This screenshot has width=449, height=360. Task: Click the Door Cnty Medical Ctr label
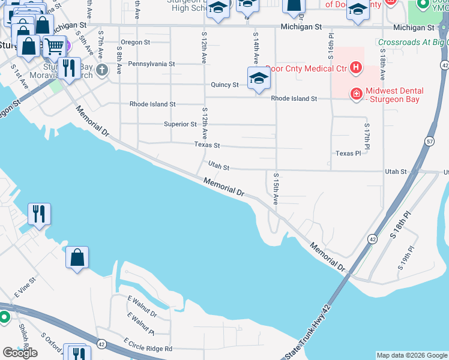306,68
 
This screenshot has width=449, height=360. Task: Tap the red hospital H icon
356,67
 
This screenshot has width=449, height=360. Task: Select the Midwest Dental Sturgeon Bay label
394,95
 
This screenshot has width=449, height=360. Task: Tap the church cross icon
102,70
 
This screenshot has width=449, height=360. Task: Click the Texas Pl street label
348,154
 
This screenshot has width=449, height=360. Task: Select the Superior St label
180,124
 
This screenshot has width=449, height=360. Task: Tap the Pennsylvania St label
151,64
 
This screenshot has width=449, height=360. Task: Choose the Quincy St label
224,85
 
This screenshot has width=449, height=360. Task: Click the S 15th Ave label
276,189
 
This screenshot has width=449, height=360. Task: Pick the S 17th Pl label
367,135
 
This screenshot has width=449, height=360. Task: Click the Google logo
20,353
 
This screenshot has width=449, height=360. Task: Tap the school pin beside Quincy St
259,79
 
